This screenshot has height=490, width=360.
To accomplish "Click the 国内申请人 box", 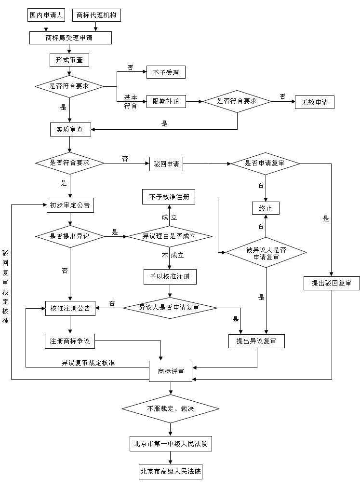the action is coord(46,15).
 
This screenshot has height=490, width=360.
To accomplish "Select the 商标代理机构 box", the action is coord(96,15).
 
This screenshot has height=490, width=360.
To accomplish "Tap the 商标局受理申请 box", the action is coord(70,38).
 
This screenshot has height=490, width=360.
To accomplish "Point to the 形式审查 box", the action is coord(69,60).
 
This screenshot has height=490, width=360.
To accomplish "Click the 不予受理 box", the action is coord(166,72).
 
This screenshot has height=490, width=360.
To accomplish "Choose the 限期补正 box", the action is coord(166,102).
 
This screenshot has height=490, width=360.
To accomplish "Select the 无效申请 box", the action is coord(314,102).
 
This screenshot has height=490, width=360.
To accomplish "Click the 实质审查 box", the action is coord(70,129).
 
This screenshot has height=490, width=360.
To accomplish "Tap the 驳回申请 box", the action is coord(166,164).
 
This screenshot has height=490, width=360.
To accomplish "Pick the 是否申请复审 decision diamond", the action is coord(265,163).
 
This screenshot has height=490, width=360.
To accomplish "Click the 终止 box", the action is coord(266,208).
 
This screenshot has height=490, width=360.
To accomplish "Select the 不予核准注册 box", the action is coord(169,197).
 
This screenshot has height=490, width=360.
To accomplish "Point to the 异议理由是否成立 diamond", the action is coord(169,236).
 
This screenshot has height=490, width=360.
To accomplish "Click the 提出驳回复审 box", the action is coord(332,283).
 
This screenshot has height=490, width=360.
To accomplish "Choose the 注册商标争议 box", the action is coord(70,341).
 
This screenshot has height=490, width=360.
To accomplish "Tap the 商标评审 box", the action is coord(171,371).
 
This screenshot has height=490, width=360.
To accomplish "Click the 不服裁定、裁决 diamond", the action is coord(171,409).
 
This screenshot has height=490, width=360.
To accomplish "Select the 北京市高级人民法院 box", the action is coord(171,471).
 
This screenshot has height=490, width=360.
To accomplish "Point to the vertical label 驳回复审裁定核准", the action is coord(5,287).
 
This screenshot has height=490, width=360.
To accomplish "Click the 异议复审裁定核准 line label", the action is coord(88,363).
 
